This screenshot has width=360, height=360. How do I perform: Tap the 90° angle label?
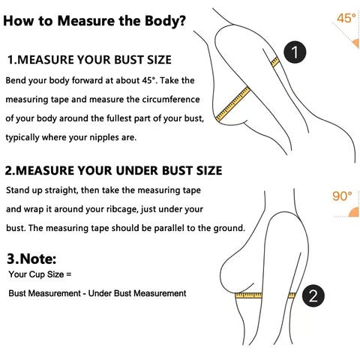(341, 197)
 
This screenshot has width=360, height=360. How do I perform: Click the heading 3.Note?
(31, 259)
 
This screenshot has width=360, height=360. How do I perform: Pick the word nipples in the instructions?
(103, 138)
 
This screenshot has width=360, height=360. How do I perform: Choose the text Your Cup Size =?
(39, 274)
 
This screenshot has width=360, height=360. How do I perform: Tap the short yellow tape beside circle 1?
(275, 61)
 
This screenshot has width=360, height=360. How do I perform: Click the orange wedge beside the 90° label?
(352, 211)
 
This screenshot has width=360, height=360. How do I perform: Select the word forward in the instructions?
(83, 79)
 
